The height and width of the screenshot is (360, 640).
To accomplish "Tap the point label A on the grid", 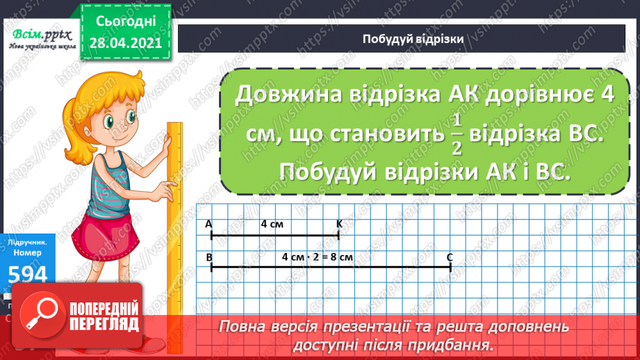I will pos(208,224).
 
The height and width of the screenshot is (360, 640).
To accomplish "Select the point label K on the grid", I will pos(339,224).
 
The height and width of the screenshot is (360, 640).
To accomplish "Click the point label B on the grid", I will pos(209,257).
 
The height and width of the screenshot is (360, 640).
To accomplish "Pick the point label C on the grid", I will pos(450,257).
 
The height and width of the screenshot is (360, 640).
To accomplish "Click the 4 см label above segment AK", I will pos(272,224).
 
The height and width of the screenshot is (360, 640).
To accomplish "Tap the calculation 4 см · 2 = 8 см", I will pos(318,257).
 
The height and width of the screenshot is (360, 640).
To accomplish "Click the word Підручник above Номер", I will pos(28,244).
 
